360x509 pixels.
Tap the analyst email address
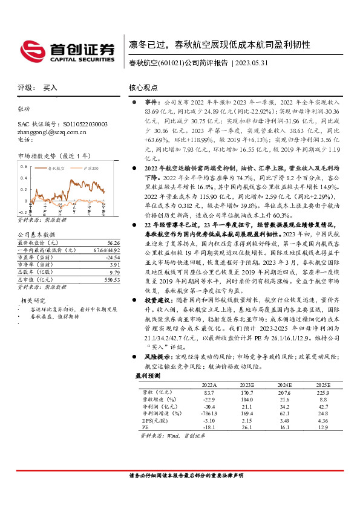click(52, 132)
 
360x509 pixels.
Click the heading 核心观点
click(143, 88)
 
